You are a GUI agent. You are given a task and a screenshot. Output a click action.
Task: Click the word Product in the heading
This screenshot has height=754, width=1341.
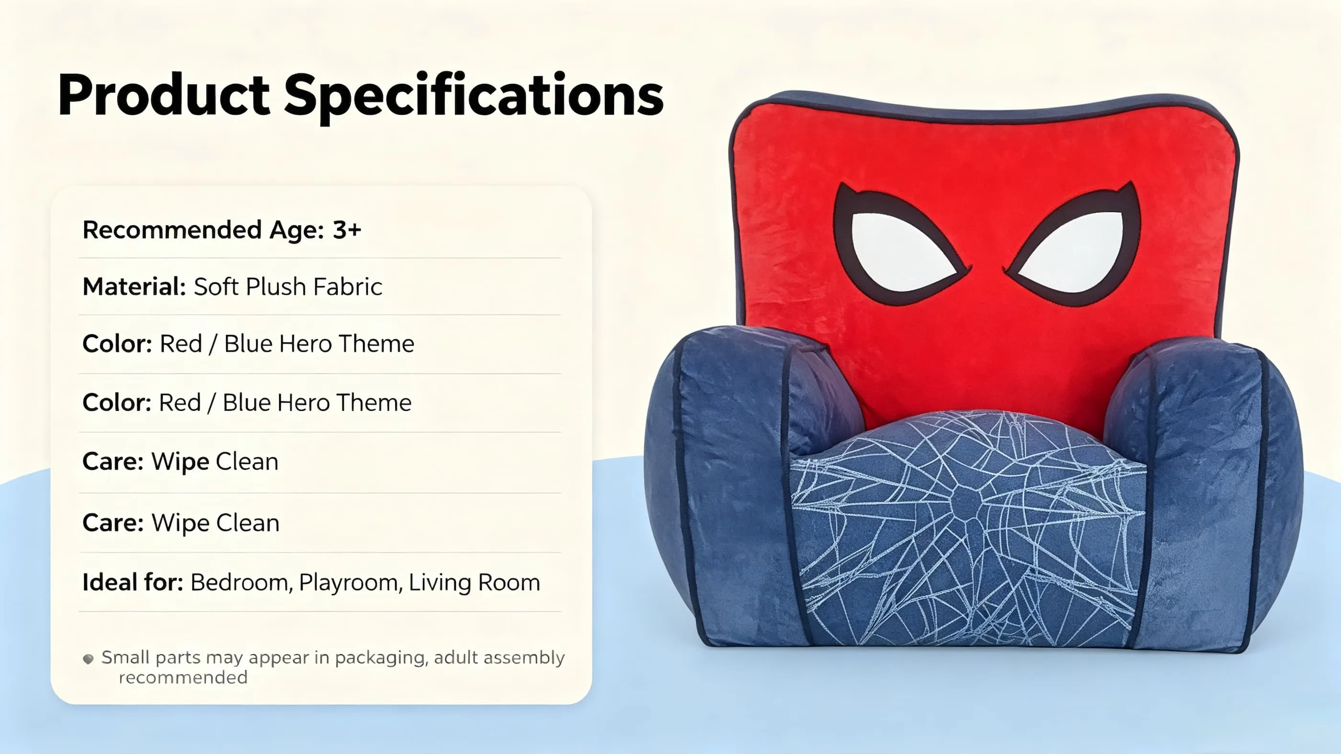(x=164, y=95)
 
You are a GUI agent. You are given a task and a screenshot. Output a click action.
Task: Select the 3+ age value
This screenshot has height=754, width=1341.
(x=347, y=230)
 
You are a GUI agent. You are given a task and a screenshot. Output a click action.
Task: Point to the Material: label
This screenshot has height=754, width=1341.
(x=134, y=287)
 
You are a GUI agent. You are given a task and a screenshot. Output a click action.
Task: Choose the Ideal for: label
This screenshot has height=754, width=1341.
(x=133, y=582)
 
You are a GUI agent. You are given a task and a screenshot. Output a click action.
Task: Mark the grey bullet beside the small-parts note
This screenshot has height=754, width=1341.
(x=89, y=659)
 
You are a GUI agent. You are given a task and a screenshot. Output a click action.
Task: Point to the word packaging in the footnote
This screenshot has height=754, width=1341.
(x=381, y=658)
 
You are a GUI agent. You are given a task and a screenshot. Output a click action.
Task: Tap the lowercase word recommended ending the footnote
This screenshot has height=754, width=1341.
(x=183, y=677)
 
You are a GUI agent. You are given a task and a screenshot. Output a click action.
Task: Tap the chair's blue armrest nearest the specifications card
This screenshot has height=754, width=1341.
(x=729, y=485)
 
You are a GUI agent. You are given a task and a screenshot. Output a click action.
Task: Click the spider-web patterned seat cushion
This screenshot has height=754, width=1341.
(x=968, y=526)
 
